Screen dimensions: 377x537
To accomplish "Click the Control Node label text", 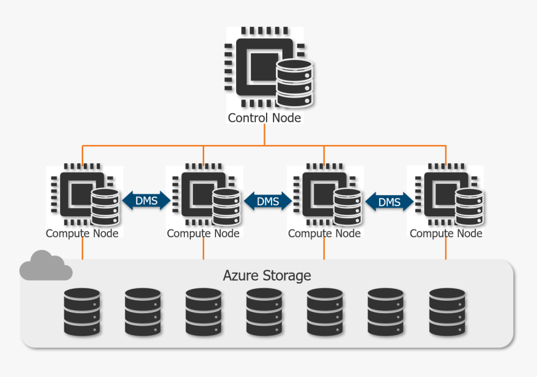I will point(264,118).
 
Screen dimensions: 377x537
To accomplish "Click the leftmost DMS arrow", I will point(145,201).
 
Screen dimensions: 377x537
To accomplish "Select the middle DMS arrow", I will point(267,201).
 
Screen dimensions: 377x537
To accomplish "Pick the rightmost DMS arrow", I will point(389,201).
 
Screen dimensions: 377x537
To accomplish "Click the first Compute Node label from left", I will point(82,233).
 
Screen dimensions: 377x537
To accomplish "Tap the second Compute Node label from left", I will point(203,233).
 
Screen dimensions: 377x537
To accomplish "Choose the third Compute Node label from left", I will point(324,233).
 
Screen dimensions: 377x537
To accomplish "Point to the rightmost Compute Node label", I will point(446,233).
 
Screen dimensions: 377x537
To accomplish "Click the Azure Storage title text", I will point(267,275).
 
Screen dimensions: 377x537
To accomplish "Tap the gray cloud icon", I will point(45,266).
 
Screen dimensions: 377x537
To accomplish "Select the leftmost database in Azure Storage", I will point(82,311).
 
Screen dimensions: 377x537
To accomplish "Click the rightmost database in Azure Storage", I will point(447,311).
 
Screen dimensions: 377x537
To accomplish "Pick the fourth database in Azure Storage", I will point(264,311).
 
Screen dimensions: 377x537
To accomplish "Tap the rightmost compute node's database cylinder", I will point(468,207).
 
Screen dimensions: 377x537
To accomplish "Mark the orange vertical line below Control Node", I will point(264,134).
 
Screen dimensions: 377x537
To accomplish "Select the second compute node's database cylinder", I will point(225,207).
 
